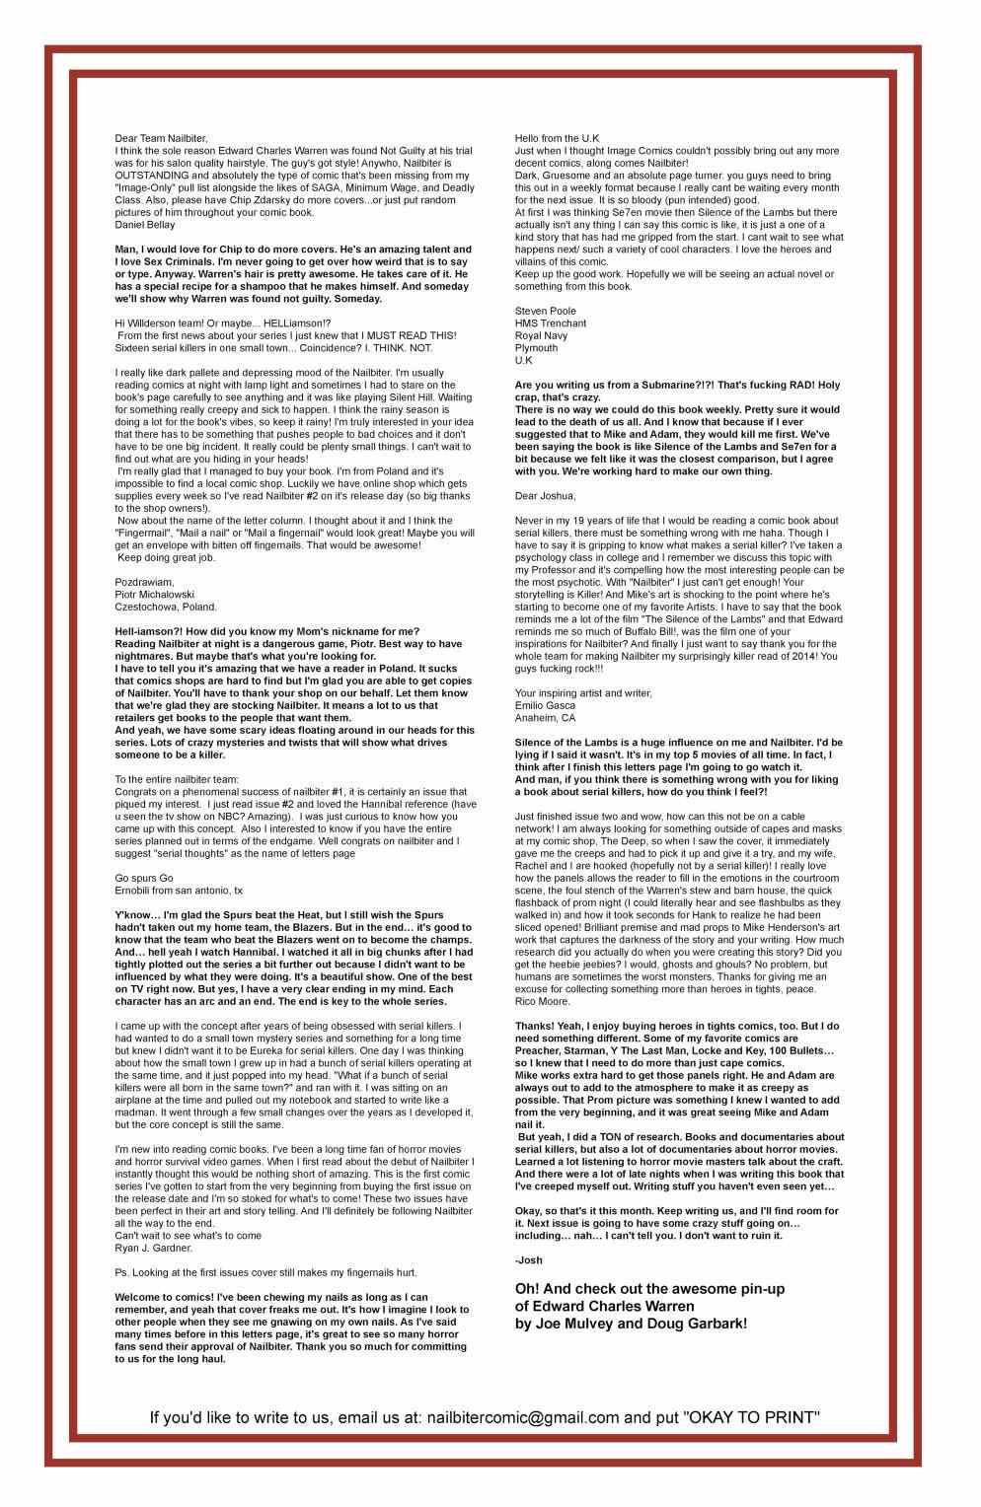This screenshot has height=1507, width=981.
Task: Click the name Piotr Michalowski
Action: [154, 595]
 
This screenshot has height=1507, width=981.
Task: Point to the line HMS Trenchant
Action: [551, 323]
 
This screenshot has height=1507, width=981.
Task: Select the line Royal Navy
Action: [542, 336]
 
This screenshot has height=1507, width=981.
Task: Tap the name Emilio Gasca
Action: [547, 705]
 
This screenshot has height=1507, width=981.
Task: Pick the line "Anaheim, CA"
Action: [545, 718]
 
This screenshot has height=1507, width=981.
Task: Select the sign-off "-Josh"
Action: [529, 1259]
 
